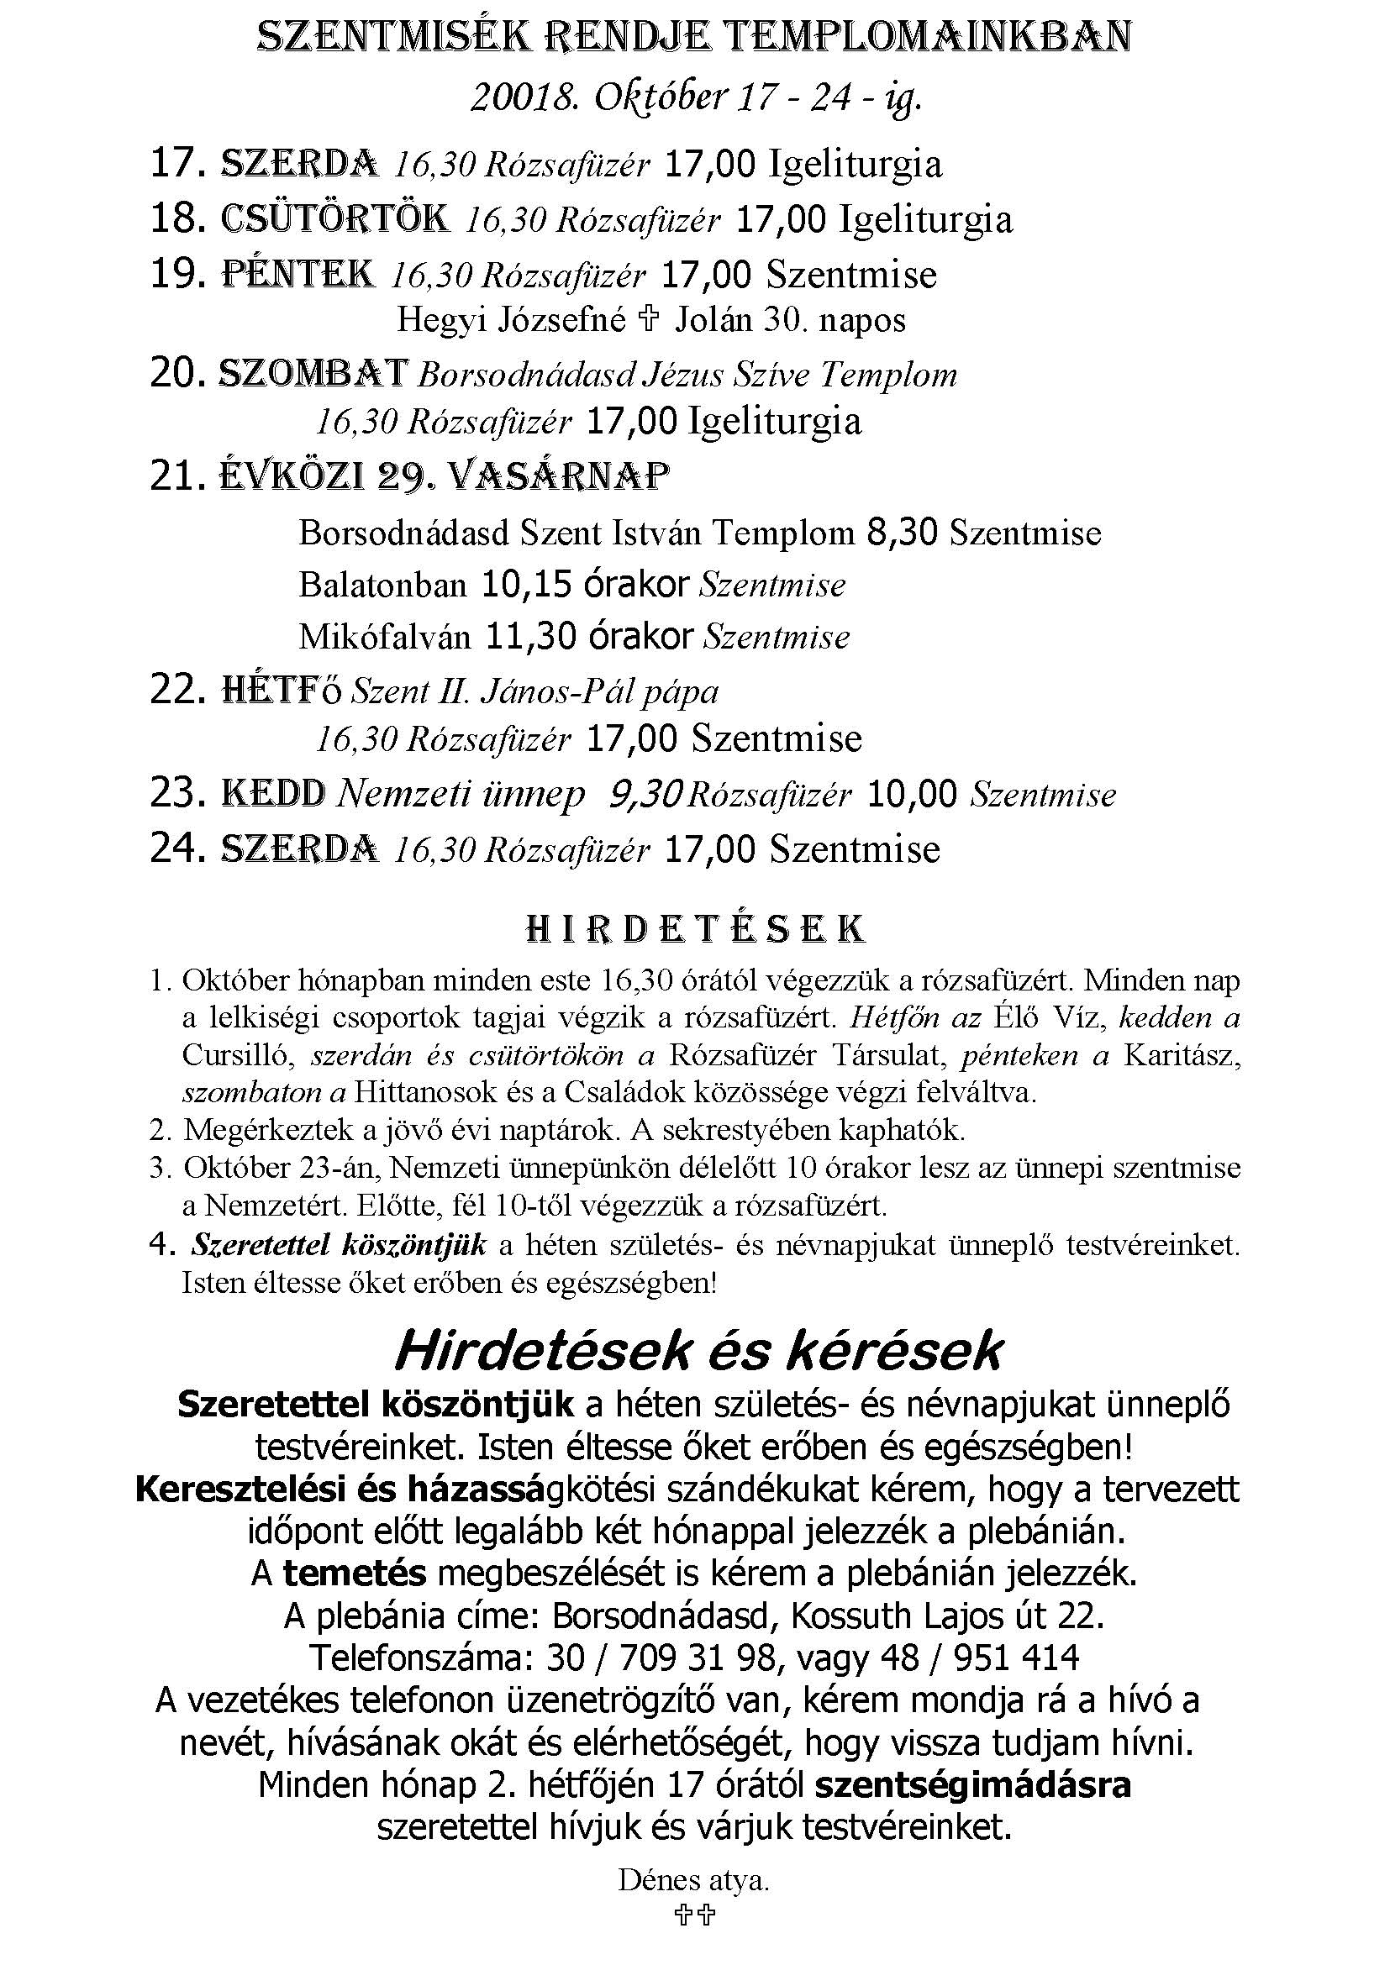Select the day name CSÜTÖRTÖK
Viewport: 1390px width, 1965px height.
coord(334,220)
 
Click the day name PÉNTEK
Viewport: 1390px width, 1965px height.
coord(297,275)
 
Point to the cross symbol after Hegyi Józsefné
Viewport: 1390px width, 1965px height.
coord(650,320)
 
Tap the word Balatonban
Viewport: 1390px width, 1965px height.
coord(382,586)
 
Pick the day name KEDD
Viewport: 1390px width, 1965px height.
coord(273,794)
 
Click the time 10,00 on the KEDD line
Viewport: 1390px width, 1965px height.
coord(911,794)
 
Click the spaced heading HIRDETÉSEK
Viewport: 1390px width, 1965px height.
coord(694,929)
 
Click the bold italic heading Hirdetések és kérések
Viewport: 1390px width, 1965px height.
coord(698,1353)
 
